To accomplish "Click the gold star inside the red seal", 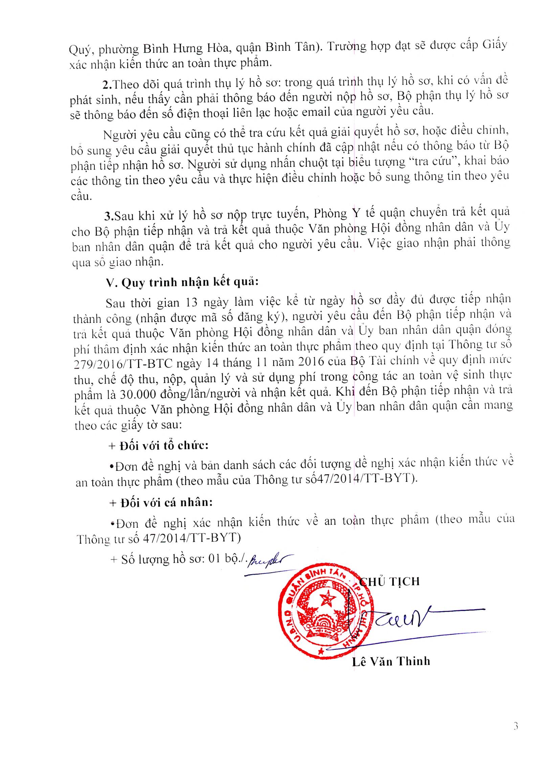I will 326,600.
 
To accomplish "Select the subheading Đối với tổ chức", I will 158,446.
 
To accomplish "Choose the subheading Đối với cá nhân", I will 161,503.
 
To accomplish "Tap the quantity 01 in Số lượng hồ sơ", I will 214,559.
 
